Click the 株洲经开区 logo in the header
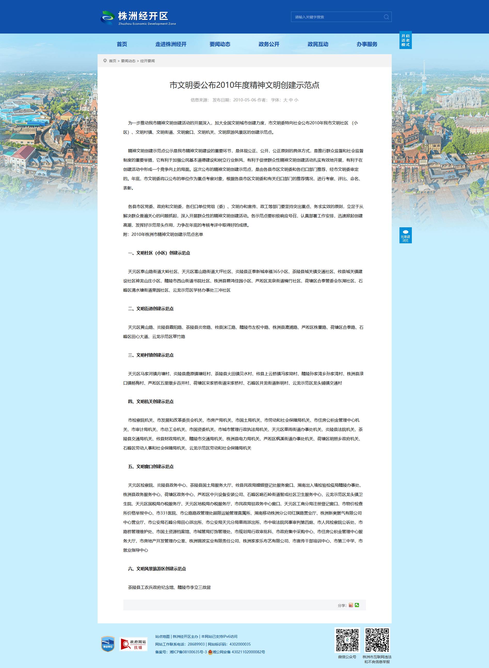pos(138,18)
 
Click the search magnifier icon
pos(386,17)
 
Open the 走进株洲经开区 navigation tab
pos(171,44)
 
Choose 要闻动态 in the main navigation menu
pos(220,44)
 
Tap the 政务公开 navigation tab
pos(269,44)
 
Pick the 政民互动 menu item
pos(318,44)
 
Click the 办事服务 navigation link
pos(367,44)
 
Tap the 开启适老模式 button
pos(405,40)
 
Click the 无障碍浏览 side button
pos(405,235)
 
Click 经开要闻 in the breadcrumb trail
pos(147,61)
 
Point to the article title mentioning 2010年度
pos(244,85)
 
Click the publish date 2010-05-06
pos(245,100)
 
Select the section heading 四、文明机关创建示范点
pos(151,402)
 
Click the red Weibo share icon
pos(351,605)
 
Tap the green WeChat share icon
pos(357,605)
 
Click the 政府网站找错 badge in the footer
pos(133,644)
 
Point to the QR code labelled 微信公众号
pos(347,640)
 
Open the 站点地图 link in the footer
pos(163,637)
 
